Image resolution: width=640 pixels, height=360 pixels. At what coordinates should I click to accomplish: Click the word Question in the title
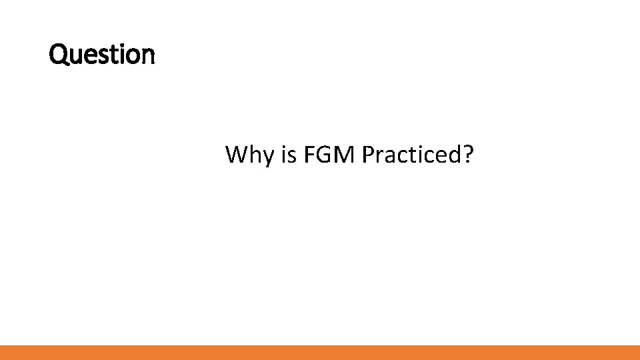102,54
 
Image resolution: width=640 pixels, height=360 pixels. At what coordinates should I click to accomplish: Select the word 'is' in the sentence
289,155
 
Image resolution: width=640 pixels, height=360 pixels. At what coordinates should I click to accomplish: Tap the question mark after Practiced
468,155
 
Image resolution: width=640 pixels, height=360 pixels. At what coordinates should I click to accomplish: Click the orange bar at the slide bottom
320,352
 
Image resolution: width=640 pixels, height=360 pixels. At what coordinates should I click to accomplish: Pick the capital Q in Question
58,54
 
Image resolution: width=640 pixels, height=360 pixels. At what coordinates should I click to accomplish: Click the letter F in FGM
309,155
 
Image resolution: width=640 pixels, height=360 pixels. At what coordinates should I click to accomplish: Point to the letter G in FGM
325,155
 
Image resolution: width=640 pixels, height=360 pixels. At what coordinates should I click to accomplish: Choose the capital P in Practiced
368,155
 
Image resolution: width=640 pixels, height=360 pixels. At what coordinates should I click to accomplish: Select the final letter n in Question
148,55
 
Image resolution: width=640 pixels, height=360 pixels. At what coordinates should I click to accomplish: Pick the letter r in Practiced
380,157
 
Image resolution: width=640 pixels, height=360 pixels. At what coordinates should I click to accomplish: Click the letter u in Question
75,55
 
